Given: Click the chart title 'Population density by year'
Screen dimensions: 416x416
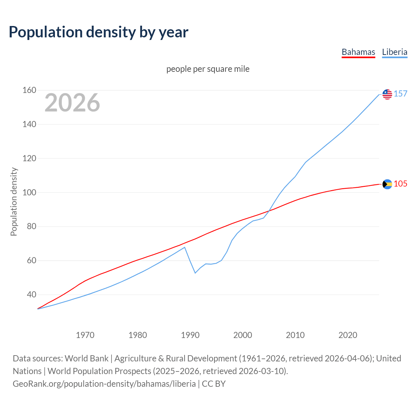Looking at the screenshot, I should (98, 32).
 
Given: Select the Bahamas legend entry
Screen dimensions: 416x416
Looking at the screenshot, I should (358, 52).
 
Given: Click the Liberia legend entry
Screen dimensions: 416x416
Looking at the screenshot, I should (395, 52).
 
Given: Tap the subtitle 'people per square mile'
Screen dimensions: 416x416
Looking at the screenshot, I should (208, 69).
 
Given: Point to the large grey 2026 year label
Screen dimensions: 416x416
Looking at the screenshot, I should (72, 103).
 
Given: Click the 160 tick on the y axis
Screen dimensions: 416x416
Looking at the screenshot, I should (29, 90).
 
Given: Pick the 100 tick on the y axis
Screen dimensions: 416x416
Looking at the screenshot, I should (29, 192).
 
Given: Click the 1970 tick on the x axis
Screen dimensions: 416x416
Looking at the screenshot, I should (85, 335).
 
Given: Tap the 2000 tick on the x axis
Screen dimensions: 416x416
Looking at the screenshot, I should (243, 335).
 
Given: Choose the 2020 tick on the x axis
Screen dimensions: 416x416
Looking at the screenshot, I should (348, 335).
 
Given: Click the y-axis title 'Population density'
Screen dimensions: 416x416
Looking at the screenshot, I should (14, 201).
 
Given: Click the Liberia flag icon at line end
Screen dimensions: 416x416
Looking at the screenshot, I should (387, 94).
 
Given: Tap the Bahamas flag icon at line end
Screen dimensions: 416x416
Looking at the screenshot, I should (387, 184).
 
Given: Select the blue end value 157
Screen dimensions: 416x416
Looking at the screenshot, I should (400, 94).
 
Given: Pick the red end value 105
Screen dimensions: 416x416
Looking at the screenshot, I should (400, 184).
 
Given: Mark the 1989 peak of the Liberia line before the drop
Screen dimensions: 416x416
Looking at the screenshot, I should (185, 247).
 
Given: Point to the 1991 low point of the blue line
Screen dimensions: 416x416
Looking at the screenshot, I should (195, 273).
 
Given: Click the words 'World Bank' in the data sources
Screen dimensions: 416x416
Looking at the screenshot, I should (86, 358).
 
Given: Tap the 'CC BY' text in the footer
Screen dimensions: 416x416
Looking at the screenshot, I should (214, 384).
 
